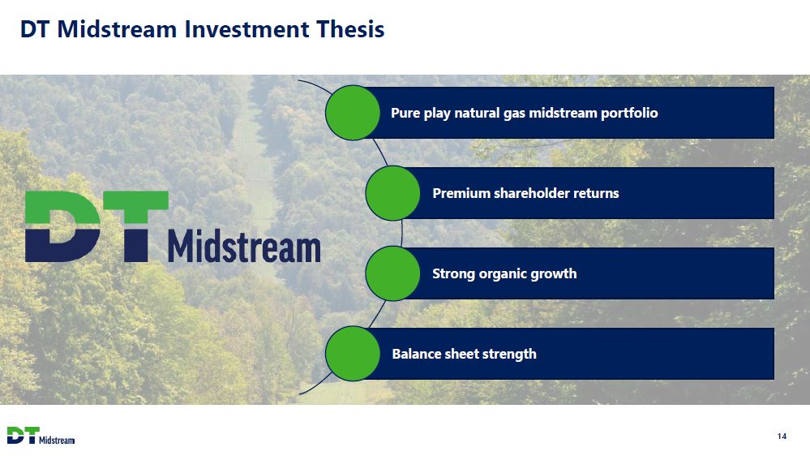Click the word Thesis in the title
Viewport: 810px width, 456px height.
pyautogui.click(x=350, y=29)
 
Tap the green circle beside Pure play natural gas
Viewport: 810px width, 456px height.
pyautogui.click(x=353, y=113)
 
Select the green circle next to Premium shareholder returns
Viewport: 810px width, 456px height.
pyautogui.click(x=392, y=193)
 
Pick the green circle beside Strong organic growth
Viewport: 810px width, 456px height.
pyautogui.click(x=392, y=273)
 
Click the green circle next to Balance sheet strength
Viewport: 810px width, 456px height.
pyautogui.click(x=353, y=354)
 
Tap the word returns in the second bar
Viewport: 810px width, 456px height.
pyautogui.click(x=600, y=194)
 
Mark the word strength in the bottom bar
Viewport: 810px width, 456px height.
pyautogui.click(x=509, y=354)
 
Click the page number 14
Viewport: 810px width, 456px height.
pyautogui.click(x=782, y=437)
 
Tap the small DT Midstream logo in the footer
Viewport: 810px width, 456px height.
pyautogui.click(x=41, y=436)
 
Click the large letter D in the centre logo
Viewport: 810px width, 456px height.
pyautogui.click(x=62, y=226)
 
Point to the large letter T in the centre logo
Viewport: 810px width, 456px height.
pyautogui.click(x=136, y=226)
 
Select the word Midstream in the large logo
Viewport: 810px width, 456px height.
pyautogui.click(x=244, y=246)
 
